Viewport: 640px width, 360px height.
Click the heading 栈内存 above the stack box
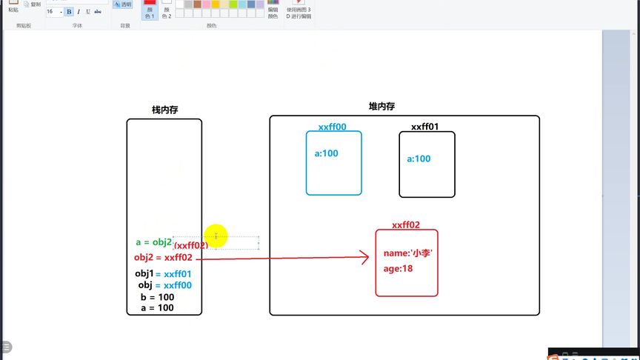tap(164, 110)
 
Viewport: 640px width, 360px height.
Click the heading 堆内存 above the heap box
tap(381, 107)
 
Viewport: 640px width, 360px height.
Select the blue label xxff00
tap(332, 127)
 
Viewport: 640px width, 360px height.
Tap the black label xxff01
tap(424, 127)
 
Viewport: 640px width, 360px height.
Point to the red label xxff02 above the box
tap(406, 225)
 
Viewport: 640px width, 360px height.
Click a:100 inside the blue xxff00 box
tap(327, 153)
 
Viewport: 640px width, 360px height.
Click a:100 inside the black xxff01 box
tap(419, 159)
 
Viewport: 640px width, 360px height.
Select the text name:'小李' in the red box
tap(408, 253)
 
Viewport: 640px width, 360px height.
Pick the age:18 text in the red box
tap(398, 268)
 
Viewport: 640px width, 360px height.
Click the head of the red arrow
tap(364, 257)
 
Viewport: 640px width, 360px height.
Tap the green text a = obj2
tap(153, 242)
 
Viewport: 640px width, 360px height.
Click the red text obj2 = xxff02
tap(163, 258)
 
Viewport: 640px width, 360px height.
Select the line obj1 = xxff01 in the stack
tap(163, 274)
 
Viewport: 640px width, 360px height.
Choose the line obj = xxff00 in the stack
tap(164, 285)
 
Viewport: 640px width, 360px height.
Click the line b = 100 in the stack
tap(157, 297)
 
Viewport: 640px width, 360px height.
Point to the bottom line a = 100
tap(157, 307)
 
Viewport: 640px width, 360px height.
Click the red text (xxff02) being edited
tap(191, 245)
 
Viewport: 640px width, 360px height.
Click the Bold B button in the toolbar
tap(69, 12)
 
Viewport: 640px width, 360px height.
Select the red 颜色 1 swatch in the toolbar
tap(150, 9)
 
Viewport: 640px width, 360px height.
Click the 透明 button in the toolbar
tap(122, 4)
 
